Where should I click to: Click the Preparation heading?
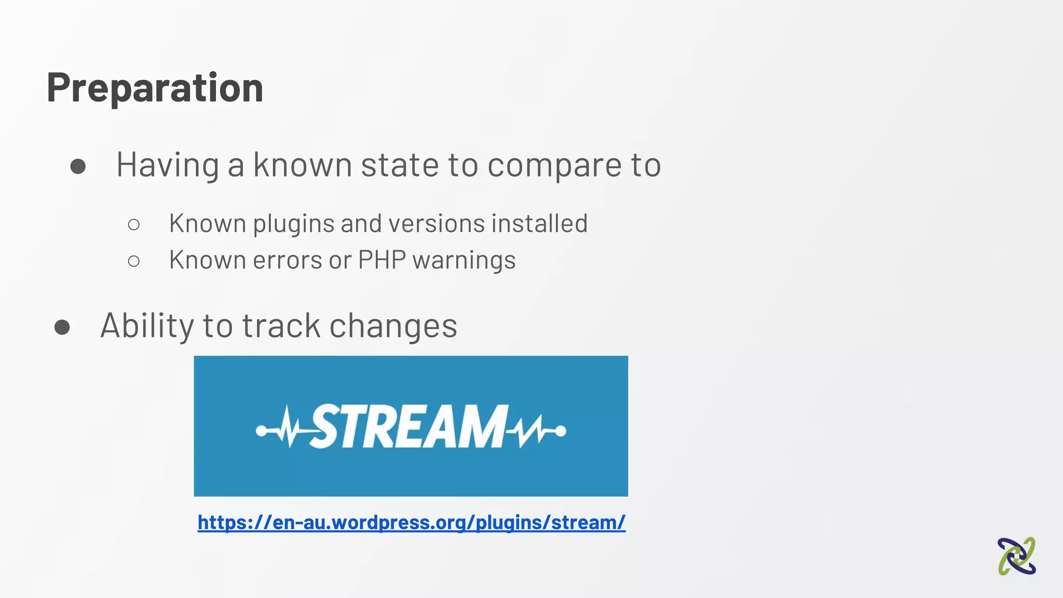tap(155, 87)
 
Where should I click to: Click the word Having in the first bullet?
tap(167, 165)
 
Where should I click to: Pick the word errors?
tap(287, 260)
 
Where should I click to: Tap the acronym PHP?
tap(381, 260)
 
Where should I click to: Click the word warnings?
tap(464, 261)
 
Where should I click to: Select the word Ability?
tap(147, 325)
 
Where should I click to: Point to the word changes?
tap(393, 327)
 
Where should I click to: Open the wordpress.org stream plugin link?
tap(411, 522)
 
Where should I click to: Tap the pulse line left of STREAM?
tap(283, 428)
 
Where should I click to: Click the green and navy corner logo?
tap(1016, 556)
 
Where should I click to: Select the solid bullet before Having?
tap(78, 166)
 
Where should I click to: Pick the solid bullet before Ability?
tap(62, 327)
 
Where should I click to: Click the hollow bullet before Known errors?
tap(133, 261)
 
